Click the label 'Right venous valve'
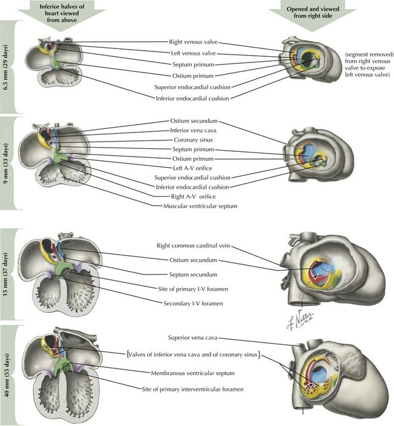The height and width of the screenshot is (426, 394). click(x=193, y=42)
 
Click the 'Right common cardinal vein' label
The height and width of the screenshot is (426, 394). click(x=193, y=247)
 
